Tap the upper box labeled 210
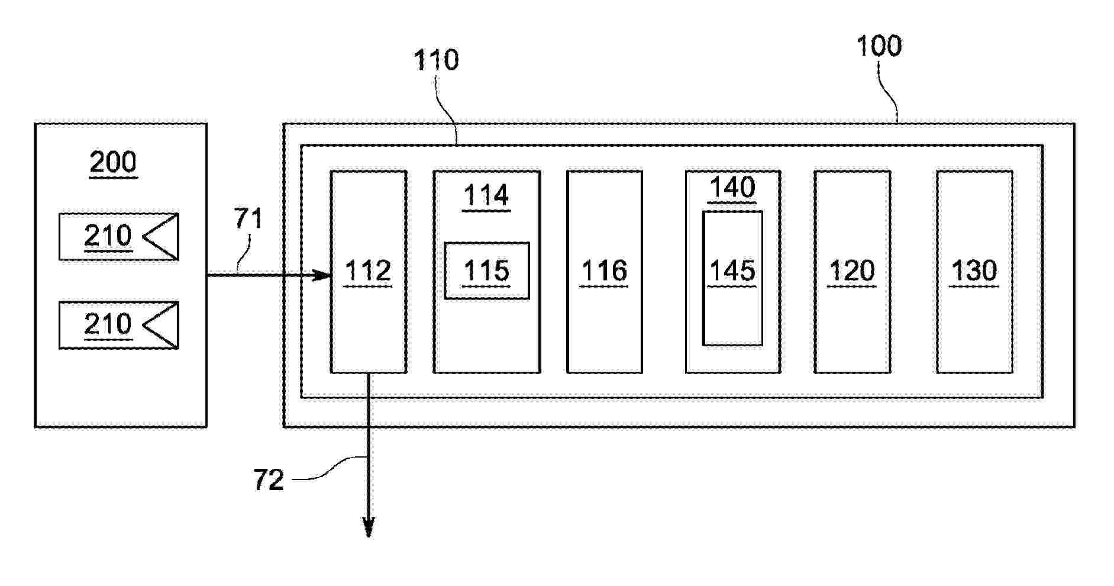[119, 237]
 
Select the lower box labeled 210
[119, 326]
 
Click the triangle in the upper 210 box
[160, 237]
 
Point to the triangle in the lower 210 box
[160, 326]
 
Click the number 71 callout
[248, 219]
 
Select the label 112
[368, 271]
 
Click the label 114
[486, 195]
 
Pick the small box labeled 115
[487, 271]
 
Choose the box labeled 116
[605, 272]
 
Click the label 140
[732, 188]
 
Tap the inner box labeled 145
[732, 278]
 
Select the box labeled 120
[853, 272]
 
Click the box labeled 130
[975, 272]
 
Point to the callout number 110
[436, 60]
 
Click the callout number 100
[879, 46]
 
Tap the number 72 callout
[269, 480]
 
